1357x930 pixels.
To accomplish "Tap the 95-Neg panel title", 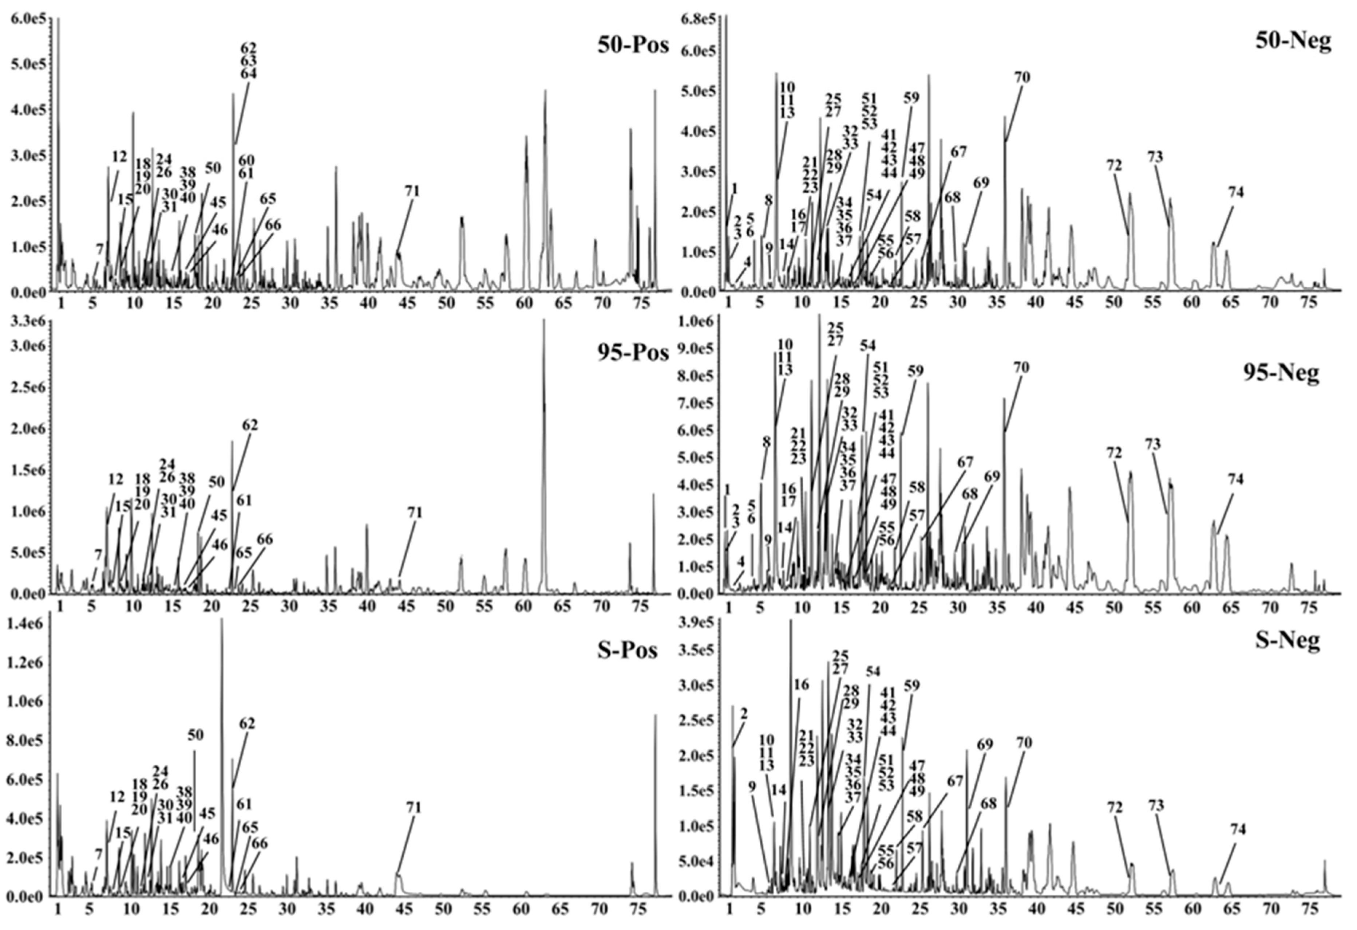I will point(1281,372).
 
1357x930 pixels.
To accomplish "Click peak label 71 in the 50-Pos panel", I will point(412,191).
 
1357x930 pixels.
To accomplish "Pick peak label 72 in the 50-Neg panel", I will point(1114,166).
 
